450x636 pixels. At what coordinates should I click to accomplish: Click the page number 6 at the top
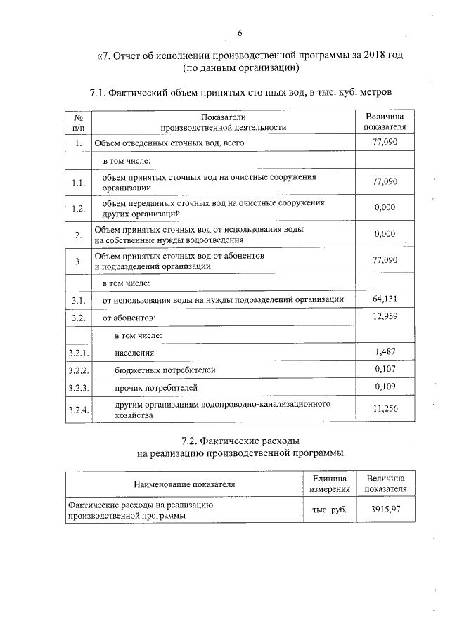point(239,33)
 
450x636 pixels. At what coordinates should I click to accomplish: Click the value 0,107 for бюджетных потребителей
point(387,369)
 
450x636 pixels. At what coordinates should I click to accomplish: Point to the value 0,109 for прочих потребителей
point(387,387)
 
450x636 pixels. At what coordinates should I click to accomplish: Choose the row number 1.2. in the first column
point(79,208)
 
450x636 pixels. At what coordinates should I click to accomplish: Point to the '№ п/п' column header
point(79,122)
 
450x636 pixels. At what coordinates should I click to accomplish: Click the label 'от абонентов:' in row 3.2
point(131,318)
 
